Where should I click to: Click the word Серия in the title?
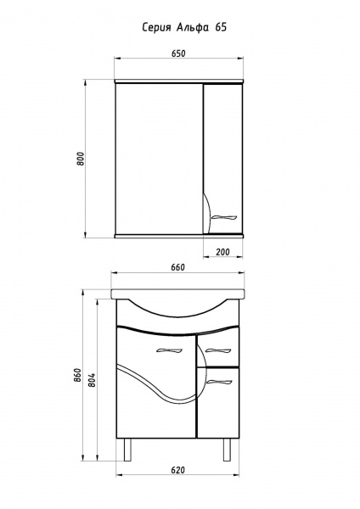(x=156, y=28)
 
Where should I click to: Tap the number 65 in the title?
(x=220, y=28)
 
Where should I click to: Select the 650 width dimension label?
(x=178, y=53)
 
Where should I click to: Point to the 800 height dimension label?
(x=81, y=159)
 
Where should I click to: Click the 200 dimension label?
(x=222, y=252)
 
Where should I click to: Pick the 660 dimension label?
(x=177, y=267)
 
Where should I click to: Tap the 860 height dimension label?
(x=77, y=375)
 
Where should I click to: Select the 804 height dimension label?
(x=93, y=379)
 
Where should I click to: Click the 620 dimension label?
(x=177, y=470)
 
